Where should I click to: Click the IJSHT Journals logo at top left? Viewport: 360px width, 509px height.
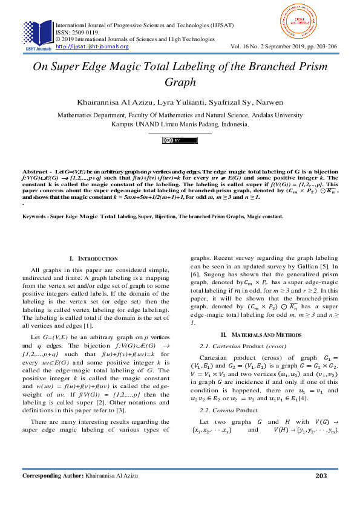tap(37, 35)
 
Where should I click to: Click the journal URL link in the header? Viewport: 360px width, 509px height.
tap(91, 47)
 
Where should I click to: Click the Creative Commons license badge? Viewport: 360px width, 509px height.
tap(180, 140)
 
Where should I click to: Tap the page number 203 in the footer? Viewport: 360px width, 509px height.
tap(321, 493)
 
